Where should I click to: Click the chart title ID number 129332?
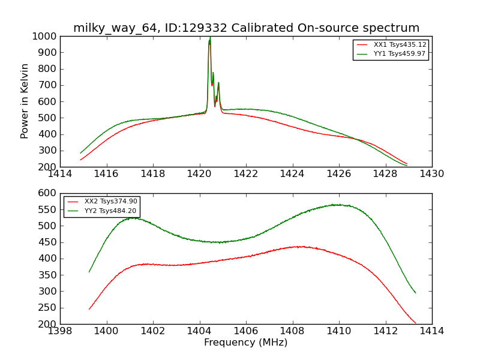[202, 28]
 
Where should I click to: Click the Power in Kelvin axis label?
[25, 101]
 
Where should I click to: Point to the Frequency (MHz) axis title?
[245, 343]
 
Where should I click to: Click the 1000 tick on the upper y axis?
[46, 36]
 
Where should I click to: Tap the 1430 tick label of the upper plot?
[431, 173]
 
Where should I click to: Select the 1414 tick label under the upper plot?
[61, 173]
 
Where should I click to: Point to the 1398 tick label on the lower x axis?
[61, 331]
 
